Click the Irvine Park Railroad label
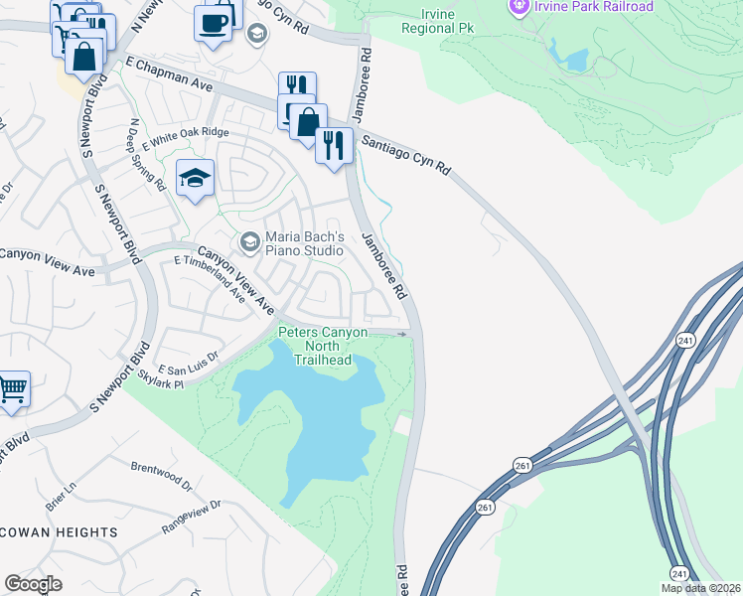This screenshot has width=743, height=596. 594,7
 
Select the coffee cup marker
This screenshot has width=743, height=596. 213,21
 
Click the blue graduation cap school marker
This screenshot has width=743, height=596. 196,179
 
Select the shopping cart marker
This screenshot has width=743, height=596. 12,388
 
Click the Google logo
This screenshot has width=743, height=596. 33,584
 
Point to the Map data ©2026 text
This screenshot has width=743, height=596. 700,588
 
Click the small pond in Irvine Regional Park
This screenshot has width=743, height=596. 574,59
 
